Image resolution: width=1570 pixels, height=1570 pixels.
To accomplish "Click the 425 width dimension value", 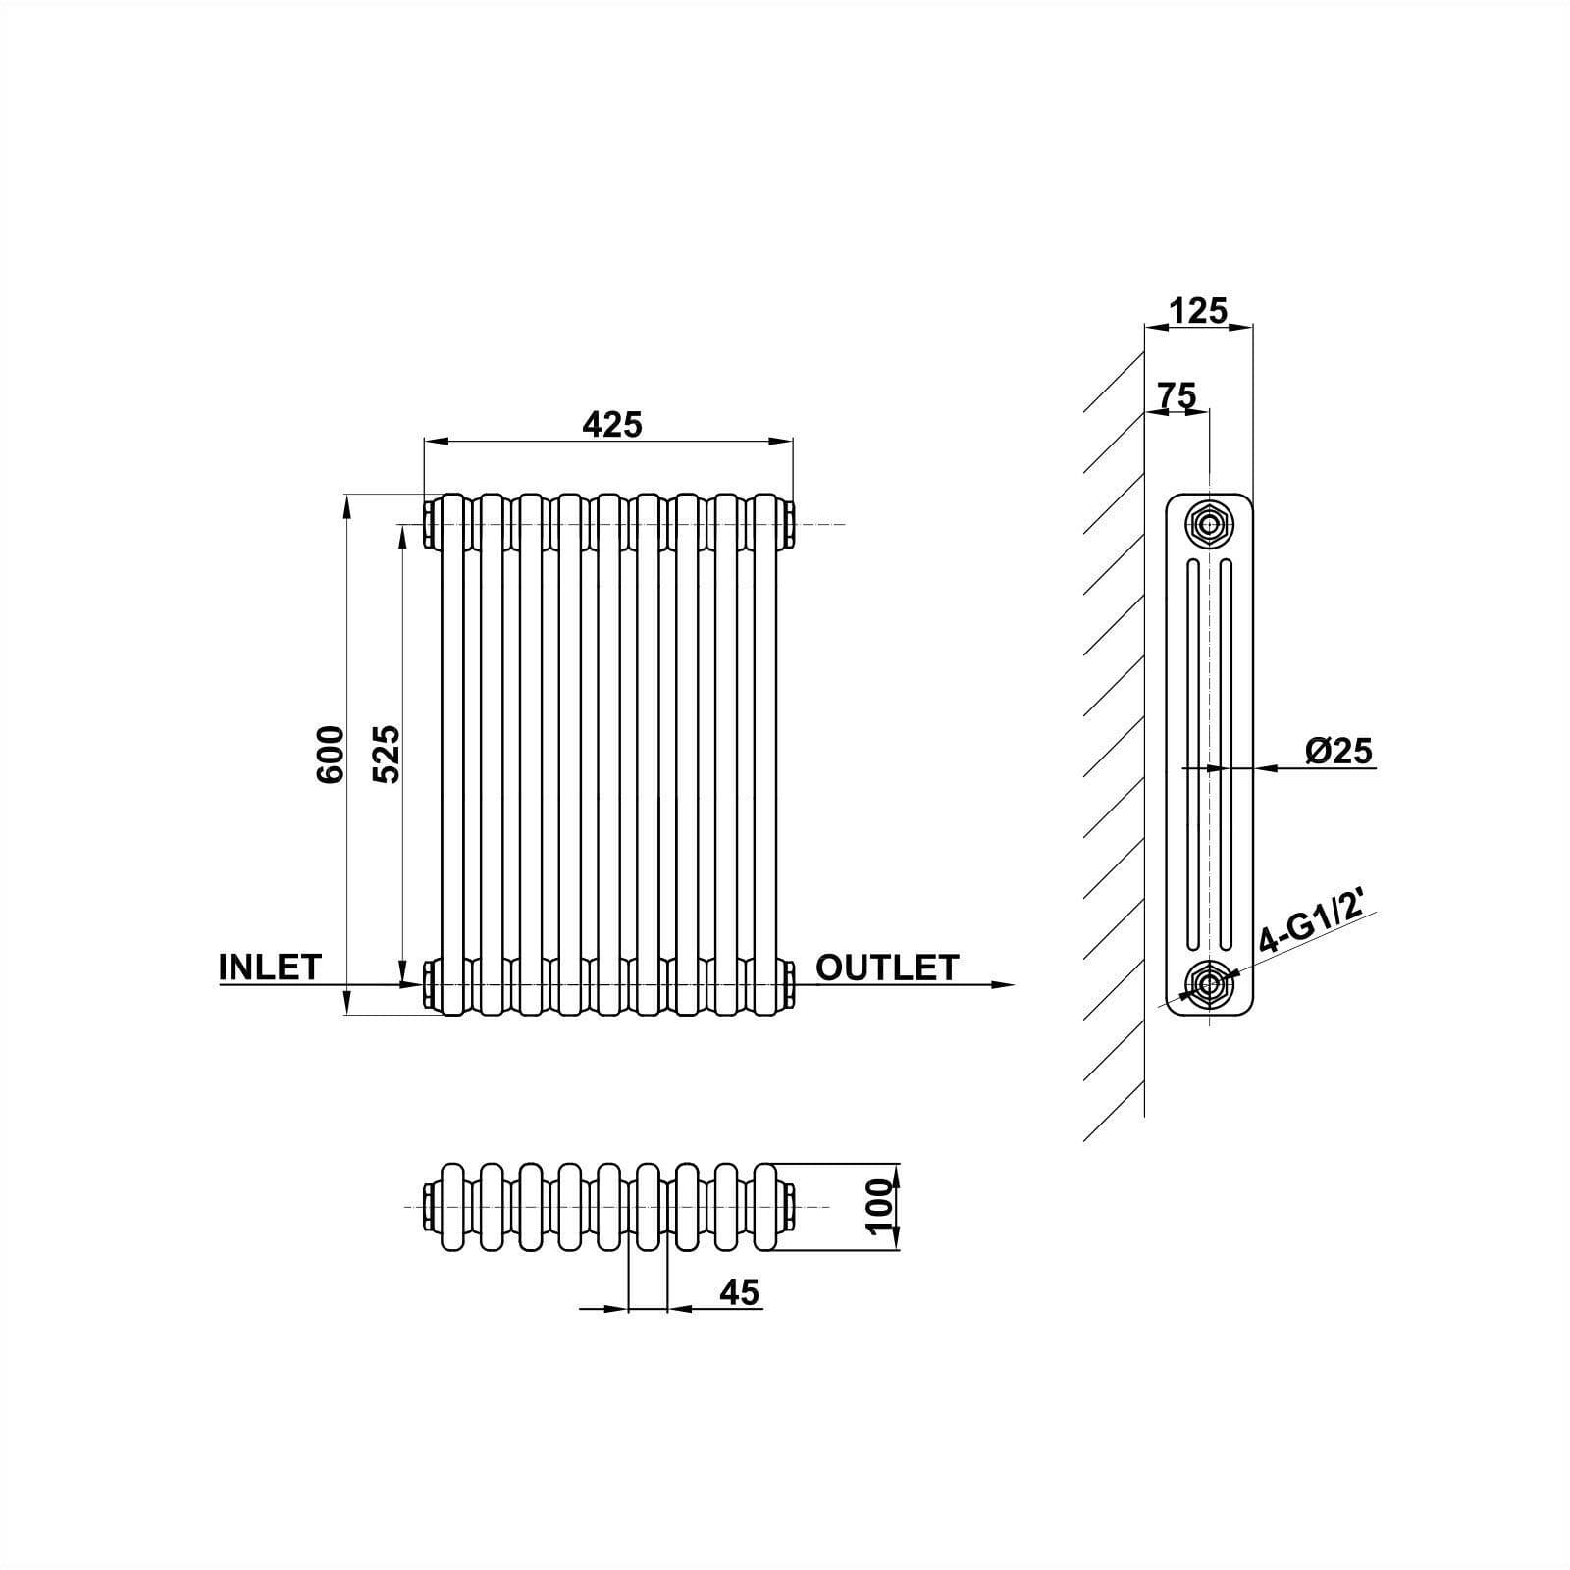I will click(611, 424).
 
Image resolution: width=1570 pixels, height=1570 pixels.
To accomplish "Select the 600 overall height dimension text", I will click(331, 754).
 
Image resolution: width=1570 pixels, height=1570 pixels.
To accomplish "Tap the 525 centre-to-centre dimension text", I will click(388, 754).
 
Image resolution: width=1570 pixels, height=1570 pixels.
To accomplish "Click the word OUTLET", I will click(886, 968).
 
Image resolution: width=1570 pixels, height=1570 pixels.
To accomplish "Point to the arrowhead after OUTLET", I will click(1001, 983).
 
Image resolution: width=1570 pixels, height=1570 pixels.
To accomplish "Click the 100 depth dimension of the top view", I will click(881, 1207).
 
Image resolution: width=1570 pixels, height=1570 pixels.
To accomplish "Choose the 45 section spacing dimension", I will click(739, 1292).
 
